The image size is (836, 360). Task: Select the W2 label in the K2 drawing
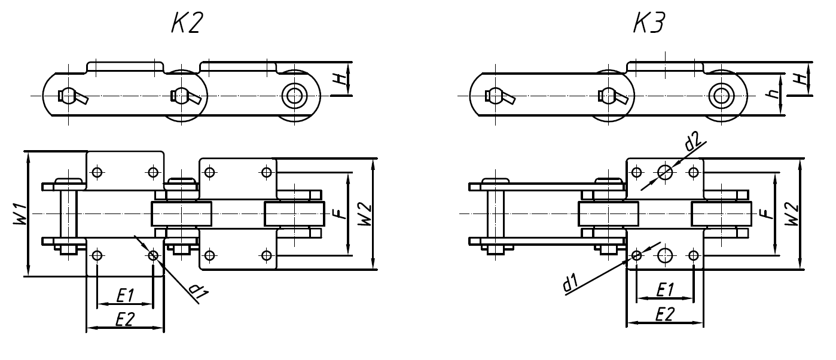pos(365,214)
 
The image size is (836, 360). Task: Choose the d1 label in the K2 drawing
pos(196,290)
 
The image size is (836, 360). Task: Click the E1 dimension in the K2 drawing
pos(124,295)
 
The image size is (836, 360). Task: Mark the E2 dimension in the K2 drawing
pos(124,320)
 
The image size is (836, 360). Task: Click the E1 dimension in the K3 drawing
pos(664,289)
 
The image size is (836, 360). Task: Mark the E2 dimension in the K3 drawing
pos(664,315)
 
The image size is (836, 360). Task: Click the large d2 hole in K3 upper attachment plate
pos(664,172)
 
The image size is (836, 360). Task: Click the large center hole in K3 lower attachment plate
pos(664,256)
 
